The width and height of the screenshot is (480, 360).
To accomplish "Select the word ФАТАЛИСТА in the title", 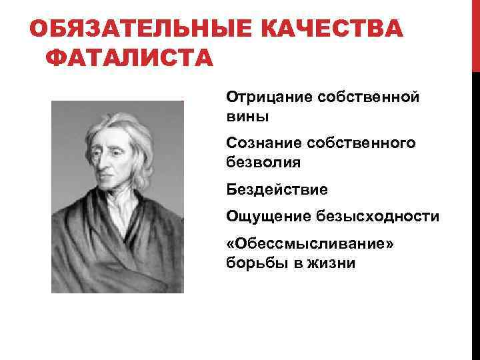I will [x=129, y=59].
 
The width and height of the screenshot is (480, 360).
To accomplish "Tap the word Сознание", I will [x=260, y=143].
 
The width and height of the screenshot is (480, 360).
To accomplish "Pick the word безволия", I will [x=264, y=162].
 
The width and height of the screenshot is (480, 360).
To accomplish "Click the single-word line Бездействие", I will [x=277, y=190].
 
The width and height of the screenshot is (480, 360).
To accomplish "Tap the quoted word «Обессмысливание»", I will [x=310, y=243].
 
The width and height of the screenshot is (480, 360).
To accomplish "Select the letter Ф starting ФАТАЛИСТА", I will [x=55, y=59].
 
